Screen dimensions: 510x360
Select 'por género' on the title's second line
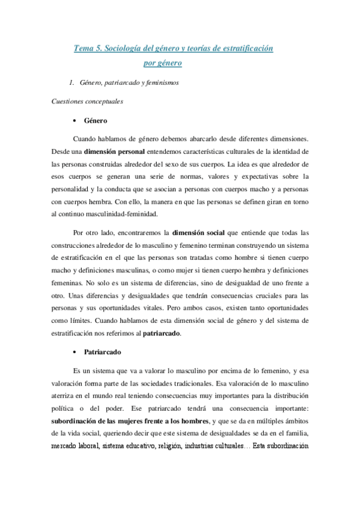point(163,61)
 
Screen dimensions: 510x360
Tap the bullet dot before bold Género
point(73,120)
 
